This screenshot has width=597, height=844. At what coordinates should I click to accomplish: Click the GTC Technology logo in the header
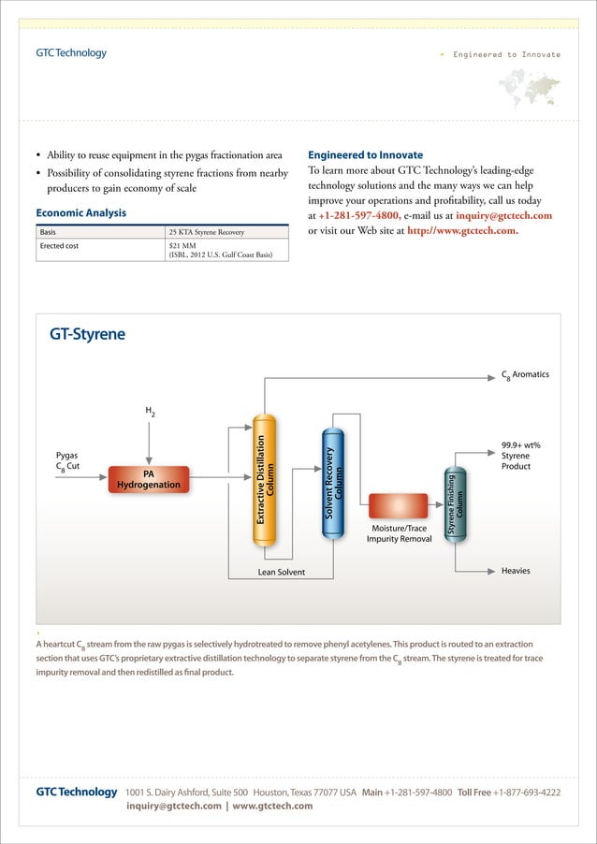coord(71,53)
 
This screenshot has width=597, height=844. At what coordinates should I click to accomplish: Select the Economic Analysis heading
coord(80,213)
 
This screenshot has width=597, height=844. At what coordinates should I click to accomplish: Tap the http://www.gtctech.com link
coord(463,231)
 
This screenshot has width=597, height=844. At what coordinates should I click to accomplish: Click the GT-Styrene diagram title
coord(87,334)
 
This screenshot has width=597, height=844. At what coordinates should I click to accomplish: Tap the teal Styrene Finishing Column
coord(456,503)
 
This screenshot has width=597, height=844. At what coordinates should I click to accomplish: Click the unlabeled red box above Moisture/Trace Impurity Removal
coord(399,506)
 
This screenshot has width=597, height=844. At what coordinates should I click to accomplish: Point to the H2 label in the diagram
coord(150,412)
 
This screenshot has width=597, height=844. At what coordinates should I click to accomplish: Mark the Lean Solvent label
coord(281,572)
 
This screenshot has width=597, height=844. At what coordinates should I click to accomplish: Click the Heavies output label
coord(517,570)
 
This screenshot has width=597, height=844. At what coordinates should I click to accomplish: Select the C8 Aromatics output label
coord(526,375)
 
